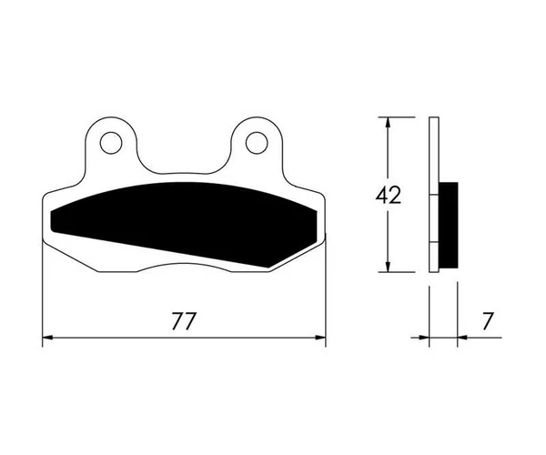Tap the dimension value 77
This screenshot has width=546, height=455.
tap(184, 321)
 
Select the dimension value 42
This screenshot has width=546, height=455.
tap(389, 195)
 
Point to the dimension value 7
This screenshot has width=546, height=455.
tap(488, 321)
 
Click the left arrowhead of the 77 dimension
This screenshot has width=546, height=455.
tap(47, 338)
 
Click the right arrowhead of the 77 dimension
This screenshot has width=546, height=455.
tap(320, 338)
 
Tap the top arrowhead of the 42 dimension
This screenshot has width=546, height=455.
tap(389, 123)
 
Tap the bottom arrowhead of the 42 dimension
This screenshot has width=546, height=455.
tap(389, 267)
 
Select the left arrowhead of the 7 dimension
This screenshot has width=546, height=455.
tap(424, 338)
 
